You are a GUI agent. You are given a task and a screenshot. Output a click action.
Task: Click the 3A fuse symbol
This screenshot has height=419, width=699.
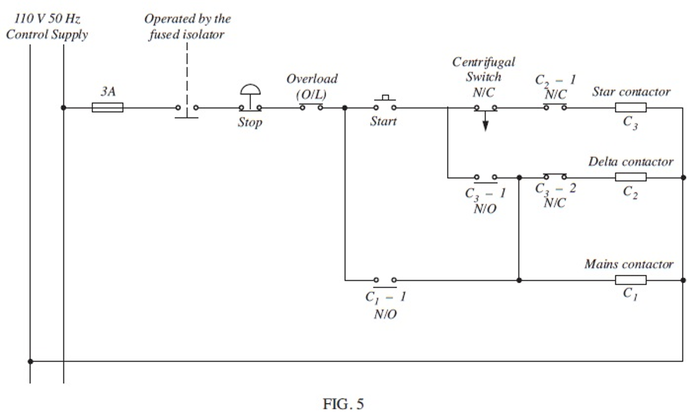coord(107,107)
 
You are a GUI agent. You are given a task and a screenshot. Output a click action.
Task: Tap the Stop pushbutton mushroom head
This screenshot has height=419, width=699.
coord(250,90)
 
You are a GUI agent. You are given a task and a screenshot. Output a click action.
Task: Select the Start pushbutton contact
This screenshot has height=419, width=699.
coord(385,104)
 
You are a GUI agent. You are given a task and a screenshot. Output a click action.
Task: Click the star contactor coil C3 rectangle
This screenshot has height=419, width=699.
coord(630,107)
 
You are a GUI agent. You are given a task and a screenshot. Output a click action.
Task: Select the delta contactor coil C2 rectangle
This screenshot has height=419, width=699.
coord(630,177)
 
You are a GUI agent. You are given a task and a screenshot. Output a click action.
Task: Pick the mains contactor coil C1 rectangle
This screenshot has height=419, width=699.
coord(630,280)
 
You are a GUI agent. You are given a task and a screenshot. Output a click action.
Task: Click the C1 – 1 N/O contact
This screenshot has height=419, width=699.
coord(385,282)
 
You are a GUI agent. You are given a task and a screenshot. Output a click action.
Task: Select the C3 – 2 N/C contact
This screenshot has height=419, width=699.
coord(555,176)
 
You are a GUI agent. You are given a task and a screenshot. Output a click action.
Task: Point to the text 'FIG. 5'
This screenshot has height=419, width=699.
coord(343,404)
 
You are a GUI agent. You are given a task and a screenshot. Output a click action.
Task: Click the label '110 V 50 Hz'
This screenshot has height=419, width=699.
coord(47,18)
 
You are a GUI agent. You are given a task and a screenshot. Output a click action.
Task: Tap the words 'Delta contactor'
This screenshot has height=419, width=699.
coord(630,161)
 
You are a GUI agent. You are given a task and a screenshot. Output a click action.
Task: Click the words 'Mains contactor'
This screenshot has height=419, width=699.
coord(629,264)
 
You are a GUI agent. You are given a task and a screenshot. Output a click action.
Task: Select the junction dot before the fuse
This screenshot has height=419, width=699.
coord(64,108)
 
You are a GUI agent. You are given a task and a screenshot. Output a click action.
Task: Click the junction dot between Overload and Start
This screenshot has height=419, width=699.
coord(345,108)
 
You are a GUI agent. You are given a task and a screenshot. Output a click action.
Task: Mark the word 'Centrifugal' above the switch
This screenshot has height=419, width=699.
coord(483,62)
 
